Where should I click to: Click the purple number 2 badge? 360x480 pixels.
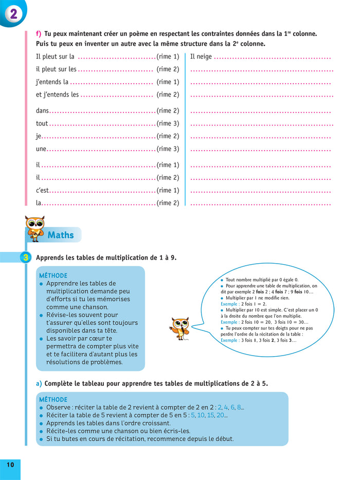coord(13,14)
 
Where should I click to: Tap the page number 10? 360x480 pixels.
coord(10,465)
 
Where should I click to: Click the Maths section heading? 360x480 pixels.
coord(61,235)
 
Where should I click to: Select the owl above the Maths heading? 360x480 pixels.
coord(34,228)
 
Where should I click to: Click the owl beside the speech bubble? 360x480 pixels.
coord(180,328)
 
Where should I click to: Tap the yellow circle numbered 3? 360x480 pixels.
coord(25,257)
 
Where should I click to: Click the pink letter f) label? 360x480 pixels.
coord(39,34)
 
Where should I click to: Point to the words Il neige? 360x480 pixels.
coord(201,57)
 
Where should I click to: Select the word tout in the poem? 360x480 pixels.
coord(42,124)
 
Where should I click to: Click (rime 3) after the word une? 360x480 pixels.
coord(168,150)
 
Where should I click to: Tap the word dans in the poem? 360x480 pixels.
coord(43,111)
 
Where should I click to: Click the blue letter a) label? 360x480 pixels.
coord(39,383)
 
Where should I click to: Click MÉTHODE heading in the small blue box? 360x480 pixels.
coord(53,275)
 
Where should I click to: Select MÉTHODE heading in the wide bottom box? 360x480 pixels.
coord(53,399)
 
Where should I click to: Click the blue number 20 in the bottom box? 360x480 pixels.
coord(220,415)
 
